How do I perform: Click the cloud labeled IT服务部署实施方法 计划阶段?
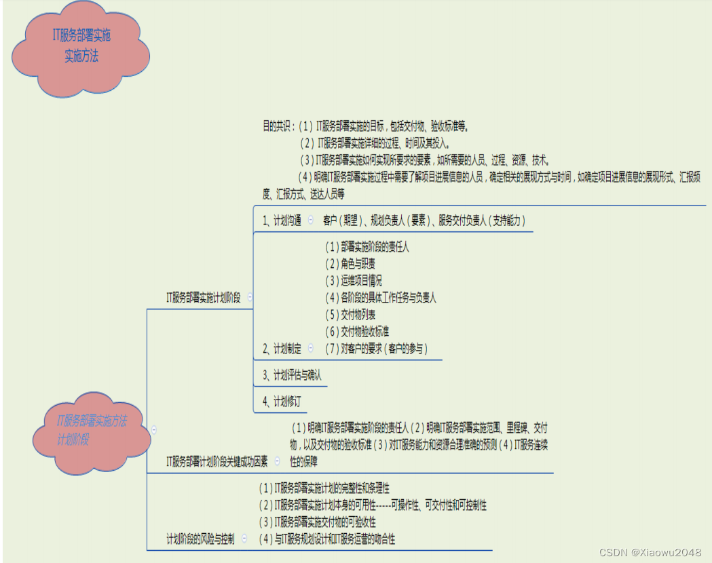click(x=92, y=430)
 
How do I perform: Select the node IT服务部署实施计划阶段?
click(x=204, y=297)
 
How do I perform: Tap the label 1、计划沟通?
click(x=282, y=220)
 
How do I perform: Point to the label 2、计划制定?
click(x=282, y=349)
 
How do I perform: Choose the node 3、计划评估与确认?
click(x=292, y=375)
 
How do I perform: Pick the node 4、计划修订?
click(x=282, y=401)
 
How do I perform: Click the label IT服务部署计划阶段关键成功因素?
click(x=217, y=461)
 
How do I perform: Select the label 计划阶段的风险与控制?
click(x=201, y=539)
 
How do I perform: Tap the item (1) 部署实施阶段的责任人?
click(x=367, y=248)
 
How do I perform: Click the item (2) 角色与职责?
click(x=350, y=264)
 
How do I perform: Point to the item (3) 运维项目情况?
click(x=354, y=281)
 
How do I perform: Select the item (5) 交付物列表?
click(x=350, y=315)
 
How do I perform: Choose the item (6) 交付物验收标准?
click(x=357, y=332)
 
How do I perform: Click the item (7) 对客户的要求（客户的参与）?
click(x=377, y=349)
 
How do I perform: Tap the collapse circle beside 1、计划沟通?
click(x=310, y=220)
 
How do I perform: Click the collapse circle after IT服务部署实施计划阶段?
click(x=250, y=296)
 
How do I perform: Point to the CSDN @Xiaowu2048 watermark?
click(x=650, y=552)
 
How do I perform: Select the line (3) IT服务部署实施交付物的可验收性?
click(x=318, y=522)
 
